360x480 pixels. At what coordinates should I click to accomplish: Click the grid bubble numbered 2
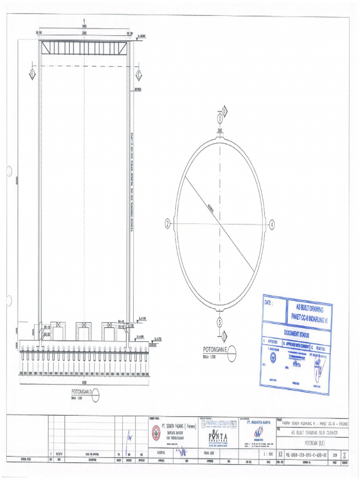coord(167,224)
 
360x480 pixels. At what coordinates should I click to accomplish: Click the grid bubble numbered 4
coord(272,225)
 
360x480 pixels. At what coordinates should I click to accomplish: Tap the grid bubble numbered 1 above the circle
coord(219,119)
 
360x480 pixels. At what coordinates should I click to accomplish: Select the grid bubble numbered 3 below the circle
coord(219,322)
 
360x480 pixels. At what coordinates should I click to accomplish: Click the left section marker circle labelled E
coord(32,74)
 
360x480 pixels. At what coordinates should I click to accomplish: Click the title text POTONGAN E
coord(214,350)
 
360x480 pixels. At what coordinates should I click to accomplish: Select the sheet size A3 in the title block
coord(280,454)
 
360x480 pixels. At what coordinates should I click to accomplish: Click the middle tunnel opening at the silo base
coord(84,330)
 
